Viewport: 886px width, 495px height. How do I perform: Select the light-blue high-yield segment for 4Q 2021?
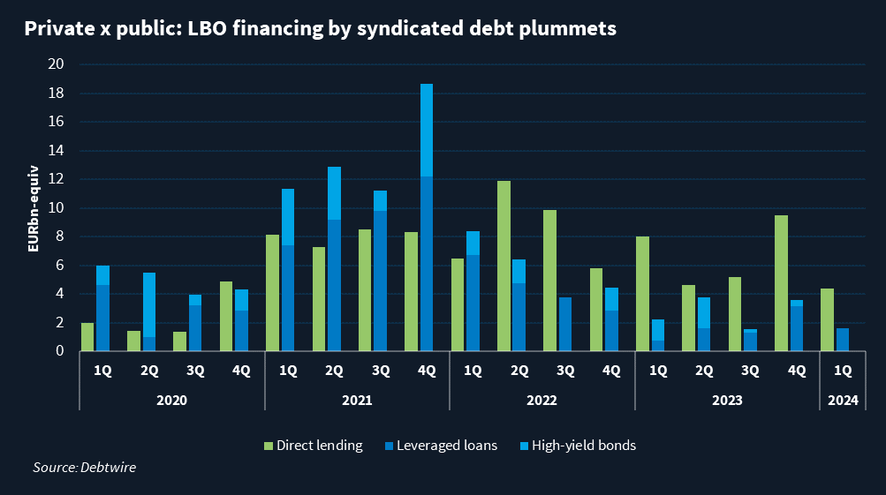(x=427, y=130)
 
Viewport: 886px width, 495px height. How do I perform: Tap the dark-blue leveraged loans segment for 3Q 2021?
(x=381, y=281)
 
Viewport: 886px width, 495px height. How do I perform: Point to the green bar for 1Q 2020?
(x=87, y=337)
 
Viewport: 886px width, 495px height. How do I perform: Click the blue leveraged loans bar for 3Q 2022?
(x=565, y=324)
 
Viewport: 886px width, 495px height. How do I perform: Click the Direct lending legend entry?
(x=314, y=446)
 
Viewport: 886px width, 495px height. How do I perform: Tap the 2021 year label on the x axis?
(x=357, y=400)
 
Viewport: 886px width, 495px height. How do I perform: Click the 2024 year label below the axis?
(x=843, y=400)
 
